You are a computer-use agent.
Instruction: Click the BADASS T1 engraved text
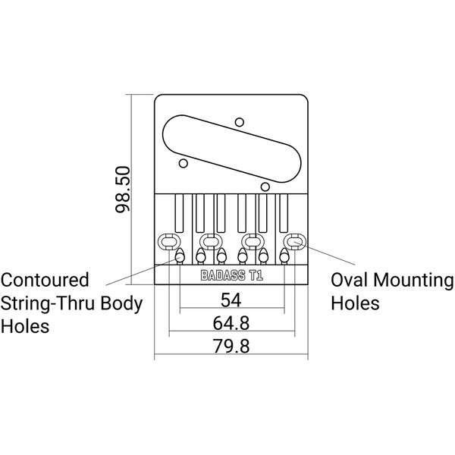(x=231, y=277)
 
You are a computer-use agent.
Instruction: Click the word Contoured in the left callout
(x=46, y=281)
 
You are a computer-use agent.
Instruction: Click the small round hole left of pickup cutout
(x=183, y=162)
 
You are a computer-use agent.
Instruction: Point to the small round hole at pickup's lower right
(x=265, y=185)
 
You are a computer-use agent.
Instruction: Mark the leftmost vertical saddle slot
(x=180, y=212)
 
